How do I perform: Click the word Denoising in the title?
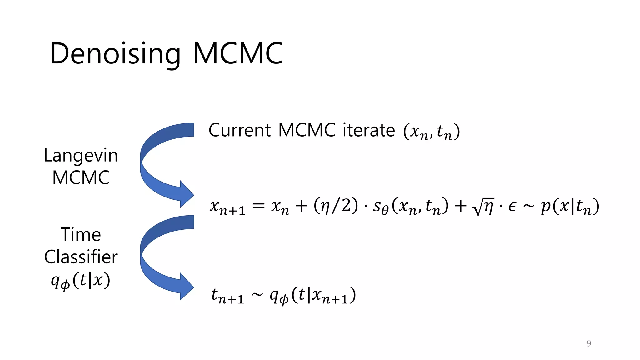pos(115,54)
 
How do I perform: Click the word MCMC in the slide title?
pos(238,54)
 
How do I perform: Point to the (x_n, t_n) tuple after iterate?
pos(432,132)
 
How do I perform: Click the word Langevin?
pos(81,155)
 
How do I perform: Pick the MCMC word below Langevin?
pos(81,177)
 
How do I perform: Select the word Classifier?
pos(81,257)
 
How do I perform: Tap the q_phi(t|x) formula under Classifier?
pos(81,280)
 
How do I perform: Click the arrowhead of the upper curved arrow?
pos(187,194)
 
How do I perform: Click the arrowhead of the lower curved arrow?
pos(187,287)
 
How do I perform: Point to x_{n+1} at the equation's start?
pos(227,207)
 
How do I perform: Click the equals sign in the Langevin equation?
pos(258,206)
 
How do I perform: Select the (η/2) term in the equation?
pos(336,206)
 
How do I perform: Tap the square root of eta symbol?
pos(483,207)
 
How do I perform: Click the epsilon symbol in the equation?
pos(512,207)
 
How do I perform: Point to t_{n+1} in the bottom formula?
pos(227,296)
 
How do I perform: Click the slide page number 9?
pos(589,343)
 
